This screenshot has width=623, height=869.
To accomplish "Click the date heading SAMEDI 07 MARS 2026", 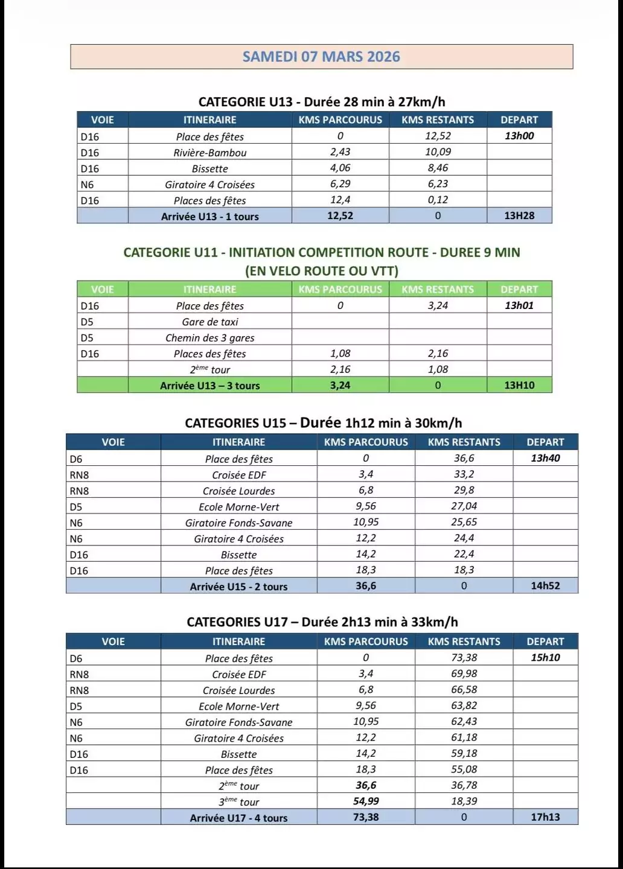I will (321, 57).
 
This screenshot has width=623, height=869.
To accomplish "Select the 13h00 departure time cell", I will (519, 136).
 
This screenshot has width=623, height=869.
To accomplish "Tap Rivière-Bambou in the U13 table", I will (209, 153).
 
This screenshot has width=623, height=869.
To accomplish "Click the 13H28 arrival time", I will (519, 215).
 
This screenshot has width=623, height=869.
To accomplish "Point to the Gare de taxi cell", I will (209, 322).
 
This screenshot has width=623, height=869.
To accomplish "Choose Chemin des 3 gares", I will (209, 338).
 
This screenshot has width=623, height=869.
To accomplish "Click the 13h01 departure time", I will (519, 305).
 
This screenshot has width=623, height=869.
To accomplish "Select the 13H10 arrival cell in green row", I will (519, 385).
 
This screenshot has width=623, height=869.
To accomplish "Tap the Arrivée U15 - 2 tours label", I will (238, 586).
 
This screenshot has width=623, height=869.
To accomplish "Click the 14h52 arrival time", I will (545, 585).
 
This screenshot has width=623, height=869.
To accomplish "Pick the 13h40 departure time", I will (545, 458).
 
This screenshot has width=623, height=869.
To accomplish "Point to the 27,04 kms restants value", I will (464, 506).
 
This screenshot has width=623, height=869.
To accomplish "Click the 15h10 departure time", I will (545, 658).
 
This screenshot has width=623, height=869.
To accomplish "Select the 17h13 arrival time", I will (545, 817).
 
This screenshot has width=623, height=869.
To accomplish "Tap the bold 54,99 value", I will (366, 801).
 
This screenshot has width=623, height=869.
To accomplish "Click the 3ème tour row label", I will (238, 802).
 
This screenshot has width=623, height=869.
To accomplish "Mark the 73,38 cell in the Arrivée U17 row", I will (366, 817).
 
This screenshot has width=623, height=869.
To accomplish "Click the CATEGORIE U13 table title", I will (321, 101).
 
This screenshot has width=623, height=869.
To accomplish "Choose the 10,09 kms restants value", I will (438, 152).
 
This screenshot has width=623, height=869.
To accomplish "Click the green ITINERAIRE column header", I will (209, 289).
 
